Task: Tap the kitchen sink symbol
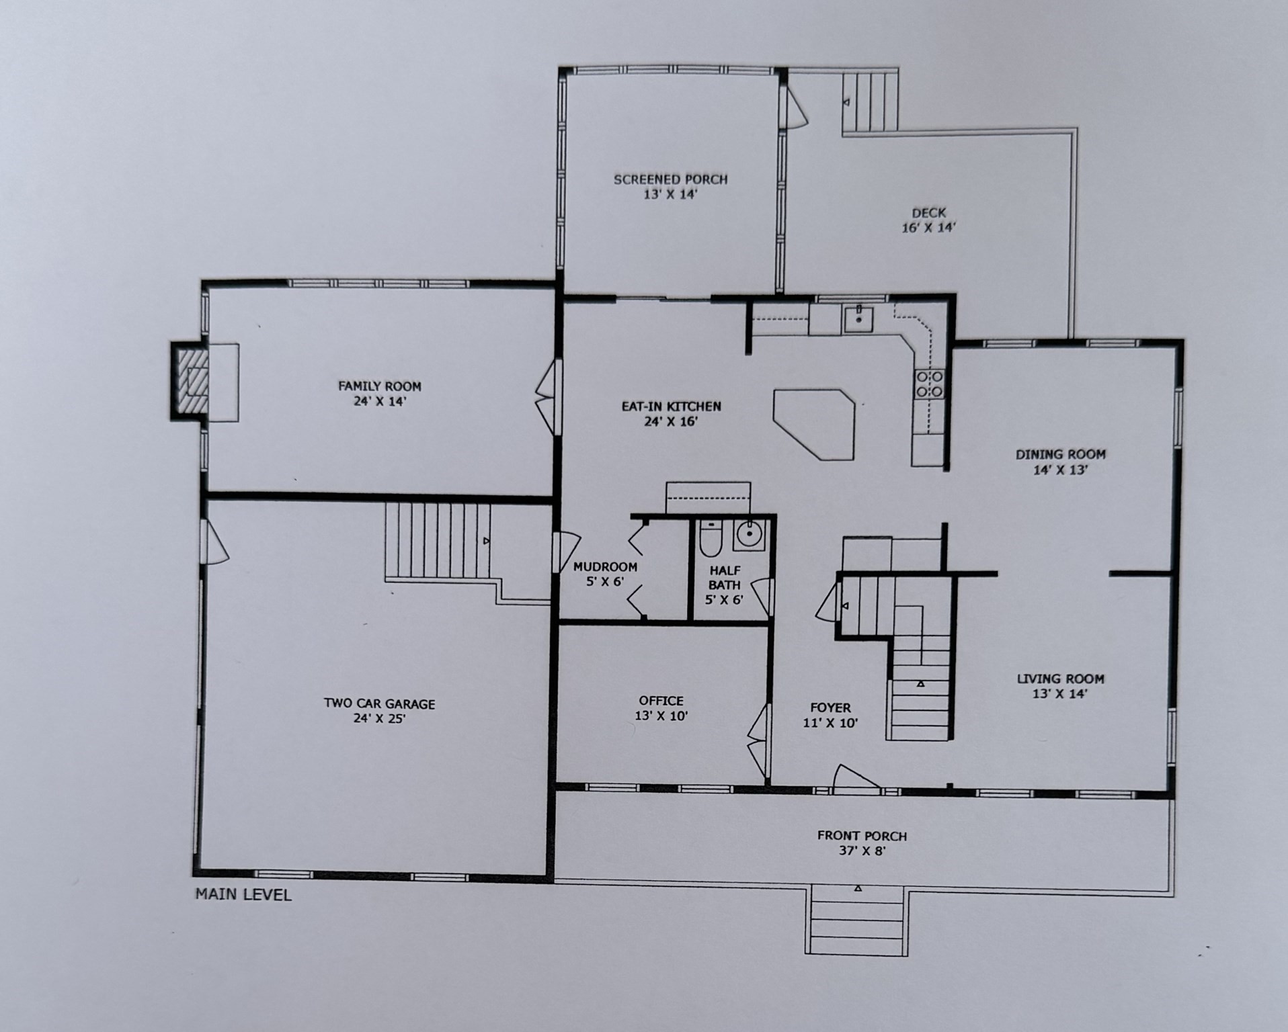click(858, 319)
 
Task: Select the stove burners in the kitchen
click(930, 384)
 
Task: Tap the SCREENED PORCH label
click(670, 179)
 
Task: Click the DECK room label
click(929, 213)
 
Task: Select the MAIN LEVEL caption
click(243, 895)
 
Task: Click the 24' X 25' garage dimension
click(379, 718)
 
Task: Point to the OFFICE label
click(661, 701)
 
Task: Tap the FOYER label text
click(830, 707)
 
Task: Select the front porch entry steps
click(857, 920)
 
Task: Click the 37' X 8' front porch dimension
click(862, 851)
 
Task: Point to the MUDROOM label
click(605, 567)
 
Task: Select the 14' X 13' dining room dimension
click(1060, 470)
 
